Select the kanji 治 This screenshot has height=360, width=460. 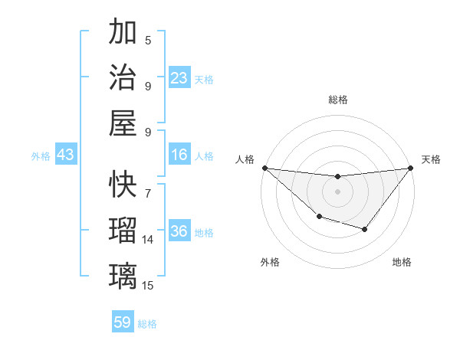click(123, 77)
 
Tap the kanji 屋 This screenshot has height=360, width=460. click(123, 123)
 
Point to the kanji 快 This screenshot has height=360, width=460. click(123, 185)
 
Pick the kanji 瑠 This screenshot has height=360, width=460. click(123, 231)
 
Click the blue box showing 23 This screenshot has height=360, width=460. click(179, 77)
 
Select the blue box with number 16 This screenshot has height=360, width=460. click(179, 155)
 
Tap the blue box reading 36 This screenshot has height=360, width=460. click(179, 231)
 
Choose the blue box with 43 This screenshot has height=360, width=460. click(66, 155)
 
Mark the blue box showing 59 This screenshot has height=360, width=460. click(123, 322)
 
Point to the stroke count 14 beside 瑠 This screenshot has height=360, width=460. click(148, 240)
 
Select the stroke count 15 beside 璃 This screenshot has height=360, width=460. click(148, 286)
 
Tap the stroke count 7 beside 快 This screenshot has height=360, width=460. click(148, 186)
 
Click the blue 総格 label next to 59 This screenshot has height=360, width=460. click(147, 324)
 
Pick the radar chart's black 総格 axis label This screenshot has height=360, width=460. click(338, 100)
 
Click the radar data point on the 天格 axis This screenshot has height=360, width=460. click(411, 168)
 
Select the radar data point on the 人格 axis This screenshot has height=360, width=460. click(264, 168)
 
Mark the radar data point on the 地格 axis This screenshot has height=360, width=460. click(365, 229)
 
